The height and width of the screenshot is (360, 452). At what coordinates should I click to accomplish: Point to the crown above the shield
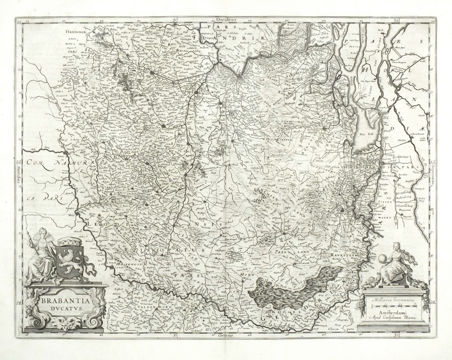[69, 241]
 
